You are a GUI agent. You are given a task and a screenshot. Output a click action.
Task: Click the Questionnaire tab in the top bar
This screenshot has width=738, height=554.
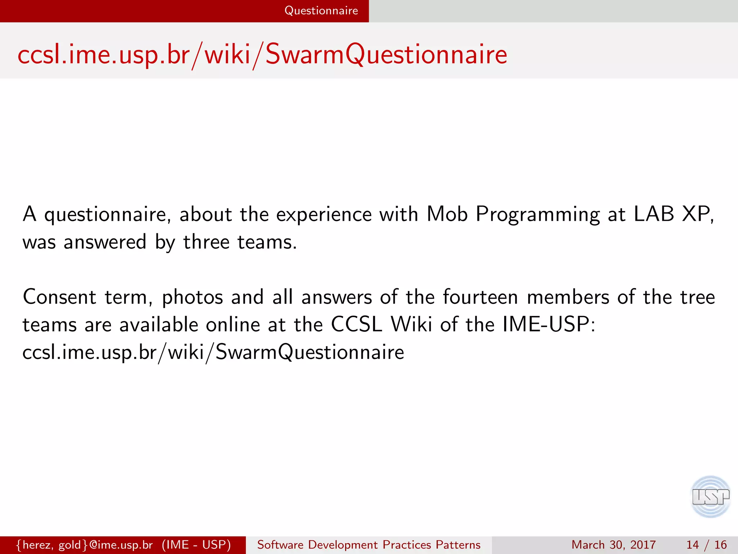321,11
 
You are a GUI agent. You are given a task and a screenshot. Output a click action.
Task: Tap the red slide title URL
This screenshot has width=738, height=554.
262,54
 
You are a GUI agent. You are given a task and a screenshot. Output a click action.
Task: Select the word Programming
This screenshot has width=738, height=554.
538,215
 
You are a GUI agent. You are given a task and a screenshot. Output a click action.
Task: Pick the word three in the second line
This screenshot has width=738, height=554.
206,242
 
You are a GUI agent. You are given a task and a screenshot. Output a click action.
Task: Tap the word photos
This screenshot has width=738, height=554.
192,298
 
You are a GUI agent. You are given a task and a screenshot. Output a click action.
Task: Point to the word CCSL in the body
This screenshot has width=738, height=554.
356,324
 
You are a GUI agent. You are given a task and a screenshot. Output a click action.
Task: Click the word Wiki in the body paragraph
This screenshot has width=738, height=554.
411,324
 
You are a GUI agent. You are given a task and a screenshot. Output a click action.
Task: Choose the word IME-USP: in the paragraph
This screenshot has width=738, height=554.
548,324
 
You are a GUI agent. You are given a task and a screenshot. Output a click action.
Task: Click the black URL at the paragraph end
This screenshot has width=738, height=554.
213,352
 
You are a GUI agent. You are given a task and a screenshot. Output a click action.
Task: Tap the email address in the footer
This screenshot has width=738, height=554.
85,545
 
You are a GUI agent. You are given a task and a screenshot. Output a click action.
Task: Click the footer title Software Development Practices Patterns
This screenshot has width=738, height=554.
369,545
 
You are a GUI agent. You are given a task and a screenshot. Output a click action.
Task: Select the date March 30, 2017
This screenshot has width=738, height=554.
613,545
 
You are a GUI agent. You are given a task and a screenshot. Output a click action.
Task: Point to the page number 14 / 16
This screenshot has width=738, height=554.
706,545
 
